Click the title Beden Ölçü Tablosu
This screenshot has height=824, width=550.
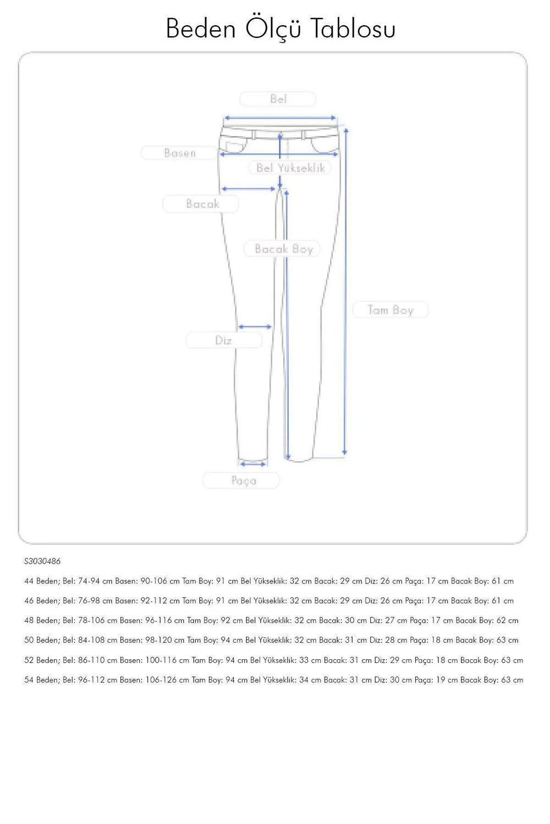(280, 29)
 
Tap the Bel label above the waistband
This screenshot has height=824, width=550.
(278, 99)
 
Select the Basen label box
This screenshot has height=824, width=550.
(179, 153)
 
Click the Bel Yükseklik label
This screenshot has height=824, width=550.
(290, 168)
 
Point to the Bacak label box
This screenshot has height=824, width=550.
(201, 204)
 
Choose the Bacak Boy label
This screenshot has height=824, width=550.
(283, 249)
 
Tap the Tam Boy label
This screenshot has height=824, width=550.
(391, 310)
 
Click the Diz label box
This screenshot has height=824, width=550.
(224, 341)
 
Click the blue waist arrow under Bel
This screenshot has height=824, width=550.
(279, 118)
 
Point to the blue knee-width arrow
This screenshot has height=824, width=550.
(255, 327)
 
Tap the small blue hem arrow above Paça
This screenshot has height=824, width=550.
(253, 464)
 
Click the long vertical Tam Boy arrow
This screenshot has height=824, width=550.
(345, 291)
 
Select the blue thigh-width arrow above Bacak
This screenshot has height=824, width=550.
(248, 189)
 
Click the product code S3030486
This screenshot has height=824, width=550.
(42, 561)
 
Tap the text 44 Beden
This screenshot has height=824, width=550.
(41, 581)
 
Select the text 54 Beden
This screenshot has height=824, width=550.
(41, 680)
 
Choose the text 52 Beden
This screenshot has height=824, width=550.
(41, 660)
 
